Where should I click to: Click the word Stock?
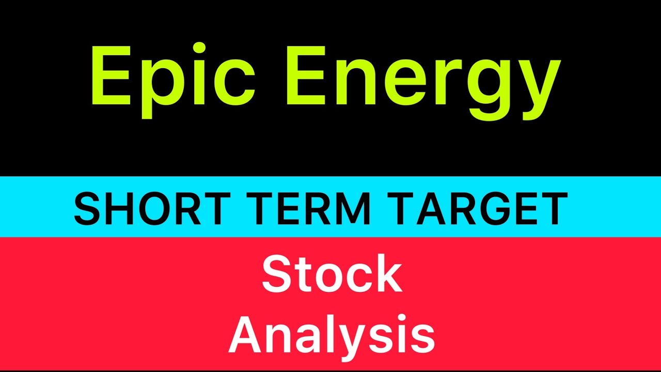coord(332,275)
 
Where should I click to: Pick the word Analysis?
coord(332,336)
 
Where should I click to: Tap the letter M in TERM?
coord(351,208)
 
